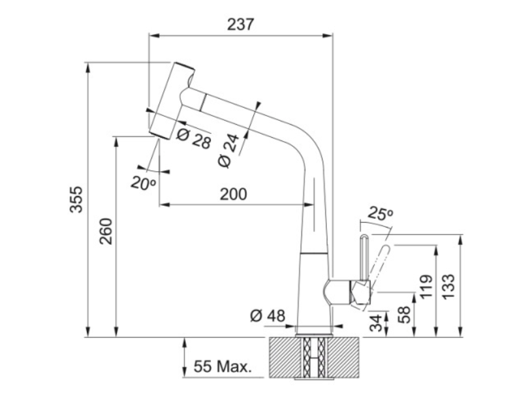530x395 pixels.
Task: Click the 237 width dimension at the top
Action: coord(240,24)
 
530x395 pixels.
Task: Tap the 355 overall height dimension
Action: coord(76,199)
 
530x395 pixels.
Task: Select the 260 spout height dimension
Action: coord(106,231)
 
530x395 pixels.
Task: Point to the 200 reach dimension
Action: coord(234,194)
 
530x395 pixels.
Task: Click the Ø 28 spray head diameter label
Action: coord(194,138)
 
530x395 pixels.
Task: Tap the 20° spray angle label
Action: coord(144,183)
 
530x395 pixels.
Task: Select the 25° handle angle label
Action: coord(381,213)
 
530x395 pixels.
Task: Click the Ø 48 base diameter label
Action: coord(268,316)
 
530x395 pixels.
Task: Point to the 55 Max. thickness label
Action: coord(223,366)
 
